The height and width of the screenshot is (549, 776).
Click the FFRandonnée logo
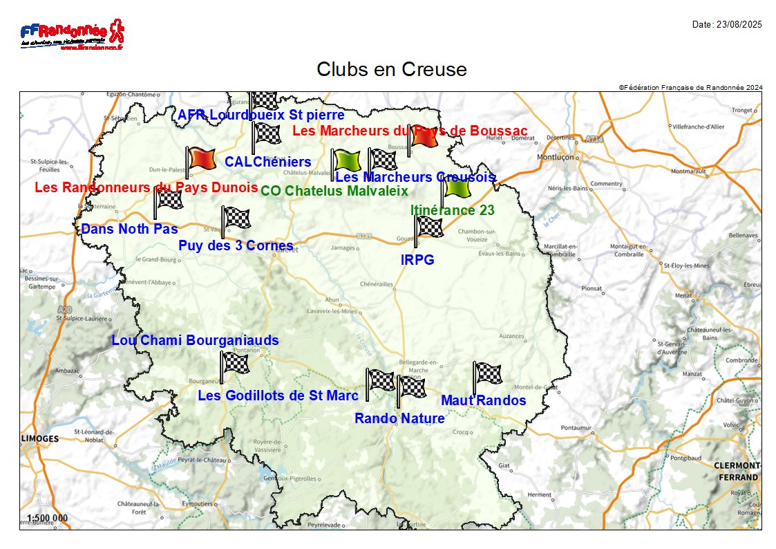point(72,35)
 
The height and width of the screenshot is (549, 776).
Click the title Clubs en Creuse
point(391,69)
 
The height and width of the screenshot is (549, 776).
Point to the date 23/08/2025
point(727,25)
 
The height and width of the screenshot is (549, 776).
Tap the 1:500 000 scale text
point(48,518)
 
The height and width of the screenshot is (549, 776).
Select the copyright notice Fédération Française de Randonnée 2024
point(690,87)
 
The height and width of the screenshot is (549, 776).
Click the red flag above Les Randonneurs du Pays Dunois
point(200,160)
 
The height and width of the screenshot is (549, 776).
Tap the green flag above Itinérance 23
point(456,187)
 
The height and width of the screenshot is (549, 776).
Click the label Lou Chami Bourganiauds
point(196,340)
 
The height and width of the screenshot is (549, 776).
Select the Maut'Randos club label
point(484,400)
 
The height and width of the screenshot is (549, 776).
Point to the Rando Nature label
point(399,418)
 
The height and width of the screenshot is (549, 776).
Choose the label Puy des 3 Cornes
point(236,245)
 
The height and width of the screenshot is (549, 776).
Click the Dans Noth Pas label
point(130,229)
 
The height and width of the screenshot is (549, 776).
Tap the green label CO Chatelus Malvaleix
point(334,191)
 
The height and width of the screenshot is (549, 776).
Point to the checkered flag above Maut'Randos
point(487,374)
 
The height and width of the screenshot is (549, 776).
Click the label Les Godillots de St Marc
point(278,396)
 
